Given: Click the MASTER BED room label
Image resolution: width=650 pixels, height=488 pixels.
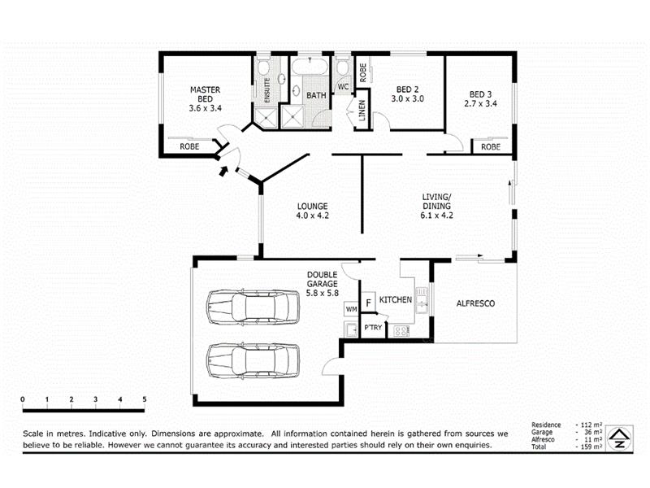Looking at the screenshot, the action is tap(206, 94).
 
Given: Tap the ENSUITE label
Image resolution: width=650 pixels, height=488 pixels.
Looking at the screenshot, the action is tap(267, 90).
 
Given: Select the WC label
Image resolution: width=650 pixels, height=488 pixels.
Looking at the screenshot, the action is tap(343, 87).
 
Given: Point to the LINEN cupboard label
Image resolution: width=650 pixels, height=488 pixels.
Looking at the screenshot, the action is tap(362, 111).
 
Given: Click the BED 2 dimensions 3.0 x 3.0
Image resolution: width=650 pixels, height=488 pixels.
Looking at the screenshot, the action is tap(408, 98).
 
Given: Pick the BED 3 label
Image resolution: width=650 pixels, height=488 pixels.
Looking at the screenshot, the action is tap(480, 94).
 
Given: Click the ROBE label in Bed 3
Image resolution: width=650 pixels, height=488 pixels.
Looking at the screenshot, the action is tap(491, 147).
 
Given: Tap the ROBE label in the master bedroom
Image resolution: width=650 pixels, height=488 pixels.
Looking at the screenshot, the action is tap(189, 146).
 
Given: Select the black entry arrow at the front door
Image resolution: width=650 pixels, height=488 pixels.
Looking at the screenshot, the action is tap(223, 171).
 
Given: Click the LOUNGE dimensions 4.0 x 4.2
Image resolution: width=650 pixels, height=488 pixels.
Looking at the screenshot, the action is tap(313, 216).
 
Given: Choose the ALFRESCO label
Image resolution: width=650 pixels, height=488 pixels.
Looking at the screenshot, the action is tap(475, 303).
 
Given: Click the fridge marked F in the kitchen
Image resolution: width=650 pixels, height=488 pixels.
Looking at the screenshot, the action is tap(368, 302).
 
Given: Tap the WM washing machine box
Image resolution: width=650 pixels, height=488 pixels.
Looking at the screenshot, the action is tap(351, 309).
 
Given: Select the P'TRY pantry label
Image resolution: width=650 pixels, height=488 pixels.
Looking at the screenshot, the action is tap(373, 328).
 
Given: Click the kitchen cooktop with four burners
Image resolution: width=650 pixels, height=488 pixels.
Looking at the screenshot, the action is tap(401, 331).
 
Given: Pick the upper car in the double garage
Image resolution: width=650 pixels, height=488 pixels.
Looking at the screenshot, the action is tap(253, 307).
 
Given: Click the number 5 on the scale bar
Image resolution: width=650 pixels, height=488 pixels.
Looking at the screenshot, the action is tap(145, 399).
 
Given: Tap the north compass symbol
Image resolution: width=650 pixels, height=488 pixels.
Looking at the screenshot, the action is tap(619, 438).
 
